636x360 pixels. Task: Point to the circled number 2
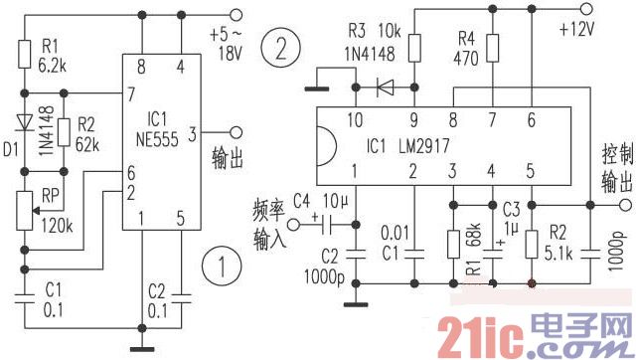coord(281,47)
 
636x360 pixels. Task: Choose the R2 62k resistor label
coord(87,133)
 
